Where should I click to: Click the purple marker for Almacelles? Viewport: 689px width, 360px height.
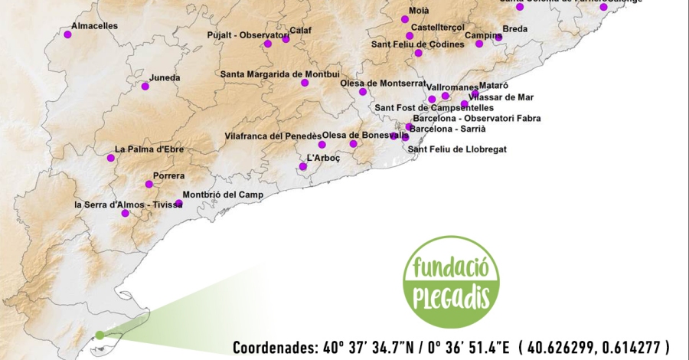click(67, 34)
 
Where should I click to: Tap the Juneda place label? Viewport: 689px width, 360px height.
click(165, 77)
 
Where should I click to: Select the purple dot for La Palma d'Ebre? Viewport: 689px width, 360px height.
click(111, 158)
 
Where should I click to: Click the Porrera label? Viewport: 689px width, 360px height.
click(168, 175)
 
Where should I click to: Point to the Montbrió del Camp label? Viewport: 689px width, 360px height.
click(223, 195)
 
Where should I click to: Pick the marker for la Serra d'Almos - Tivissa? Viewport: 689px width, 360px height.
click(126, 213)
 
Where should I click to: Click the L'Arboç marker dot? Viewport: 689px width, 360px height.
click(303, 166)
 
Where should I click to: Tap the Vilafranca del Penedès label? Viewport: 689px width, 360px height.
click(273, 136)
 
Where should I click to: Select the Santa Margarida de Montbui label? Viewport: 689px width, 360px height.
click(274, 74)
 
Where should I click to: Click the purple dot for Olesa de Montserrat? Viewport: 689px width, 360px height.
click(363, 92)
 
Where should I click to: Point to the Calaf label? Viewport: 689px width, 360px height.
click(300, 31)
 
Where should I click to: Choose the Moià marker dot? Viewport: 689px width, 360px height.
click(405, 19)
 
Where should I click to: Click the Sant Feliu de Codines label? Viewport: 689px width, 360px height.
click(418, 44)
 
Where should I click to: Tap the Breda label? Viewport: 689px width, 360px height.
click(514, 29)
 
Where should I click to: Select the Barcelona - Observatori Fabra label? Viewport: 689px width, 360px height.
click(476, 118)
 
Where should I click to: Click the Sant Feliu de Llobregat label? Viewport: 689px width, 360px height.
click(457, 149)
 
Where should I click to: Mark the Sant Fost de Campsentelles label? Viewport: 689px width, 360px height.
click(434, 108)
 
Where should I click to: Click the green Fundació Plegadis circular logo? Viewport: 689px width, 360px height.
click(451, 282)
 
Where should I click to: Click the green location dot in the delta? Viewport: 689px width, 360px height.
click(99, 335)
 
